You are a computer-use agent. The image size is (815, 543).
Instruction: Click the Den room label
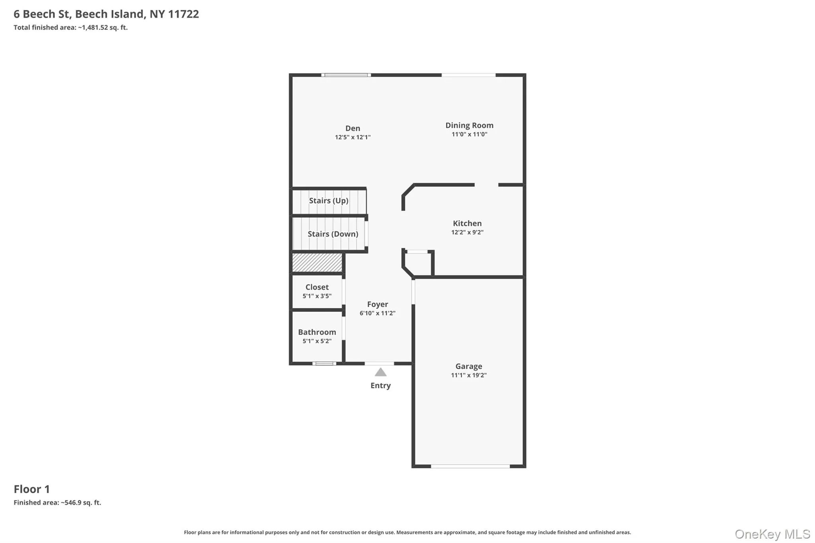(353, 128)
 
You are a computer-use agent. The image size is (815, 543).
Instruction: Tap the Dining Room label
(469, 125)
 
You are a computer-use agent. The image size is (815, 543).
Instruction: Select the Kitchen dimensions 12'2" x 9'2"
(467, 232)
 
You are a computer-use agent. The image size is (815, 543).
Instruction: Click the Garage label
(469, 366)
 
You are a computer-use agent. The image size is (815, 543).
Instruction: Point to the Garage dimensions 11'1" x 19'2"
(469, 375)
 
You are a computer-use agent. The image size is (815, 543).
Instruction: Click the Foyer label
(377, 304)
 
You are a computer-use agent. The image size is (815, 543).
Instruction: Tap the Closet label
(317, 287)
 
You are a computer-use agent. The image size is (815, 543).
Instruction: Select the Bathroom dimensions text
(317, 341)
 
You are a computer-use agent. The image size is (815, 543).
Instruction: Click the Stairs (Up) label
(329, 200)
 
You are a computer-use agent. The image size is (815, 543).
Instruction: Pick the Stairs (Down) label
(333, 234)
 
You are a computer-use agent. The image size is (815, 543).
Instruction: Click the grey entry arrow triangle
(380, 372)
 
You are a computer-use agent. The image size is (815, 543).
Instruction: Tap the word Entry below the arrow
(380, 385)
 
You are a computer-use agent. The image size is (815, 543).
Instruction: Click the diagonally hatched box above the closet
(317, 263)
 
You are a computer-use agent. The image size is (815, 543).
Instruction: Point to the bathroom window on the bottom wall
(324, 363)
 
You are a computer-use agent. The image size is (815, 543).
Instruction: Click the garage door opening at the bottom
(470, 466)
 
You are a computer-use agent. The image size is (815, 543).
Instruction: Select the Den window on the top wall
(346, 75)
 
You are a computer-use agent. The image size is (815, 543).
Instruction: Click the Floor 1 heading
(32, 489)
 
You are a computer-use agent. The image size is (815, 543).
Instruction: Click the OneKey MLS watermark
(772, 534)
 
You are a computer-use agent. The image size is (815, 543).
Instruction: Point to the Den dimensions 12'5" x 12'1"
(353, 137)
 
